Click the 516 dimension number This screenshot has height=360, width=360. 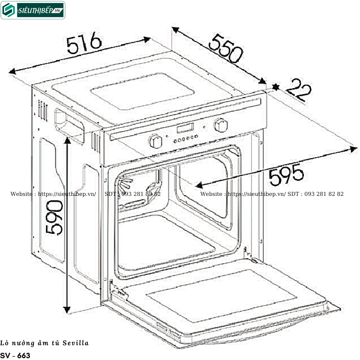(x=84, y=43)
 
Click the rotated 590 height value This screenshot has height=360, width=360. (x=54, y=218)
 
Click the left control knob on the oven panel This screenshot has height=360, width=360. (x=156, y=141)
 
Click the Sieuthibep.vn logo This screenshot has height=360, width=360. (x=33, y=10)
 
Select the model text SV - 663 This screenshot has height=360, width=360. (x=15, y=355)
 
